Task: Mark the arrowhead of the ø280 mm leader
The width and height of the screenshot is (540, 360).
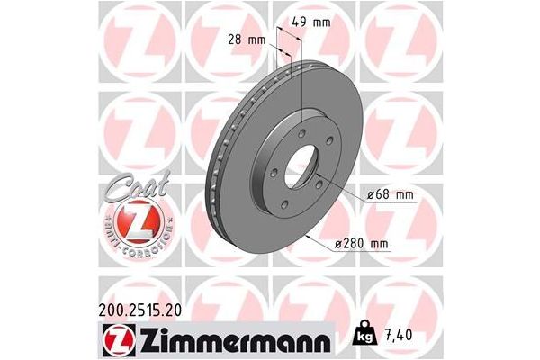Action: (x=309, y=235)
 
